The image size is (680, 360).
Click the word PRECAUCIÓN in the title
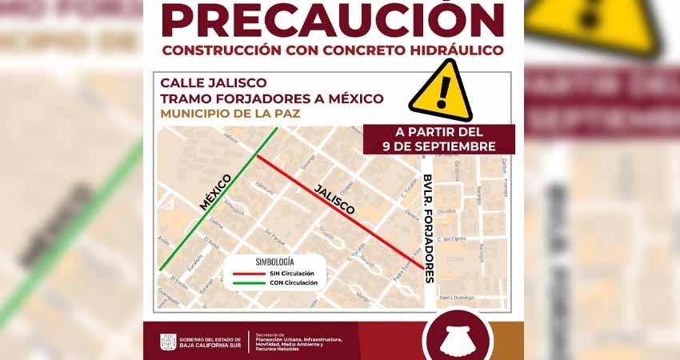(x=333, y=20)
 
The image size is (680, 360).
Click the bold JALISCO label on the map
(x=334, y=197)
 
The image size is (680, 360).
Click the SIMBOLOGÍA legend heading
(x=274, y=262)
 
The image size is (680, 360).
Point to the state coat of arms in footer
(x=168, y=342)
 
